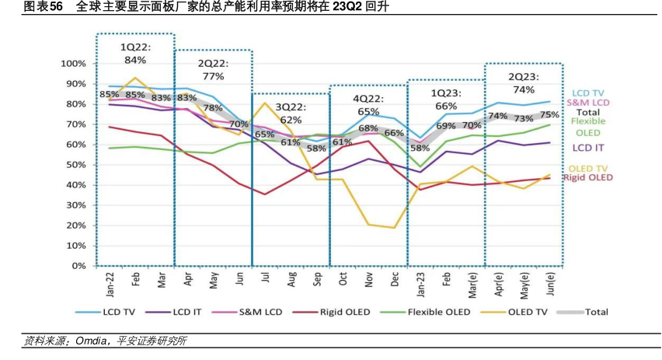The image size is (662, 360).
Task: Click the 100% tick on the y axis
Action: pos(72,63)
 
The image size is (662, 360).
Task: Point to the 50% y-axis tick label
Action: pos(75,164)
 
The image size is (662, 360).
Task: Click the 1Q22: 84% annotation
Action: pos(135,53)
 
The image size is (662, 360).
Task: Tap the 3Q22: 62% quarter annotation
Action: pos(291,113)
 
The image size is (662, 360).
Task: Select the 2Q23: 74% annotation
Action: pos(523,82)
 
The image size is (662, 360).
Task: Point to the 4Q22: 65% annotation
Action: pos(368,106)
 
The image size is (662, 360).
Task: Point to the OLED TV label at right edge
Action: pos(588,169)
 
